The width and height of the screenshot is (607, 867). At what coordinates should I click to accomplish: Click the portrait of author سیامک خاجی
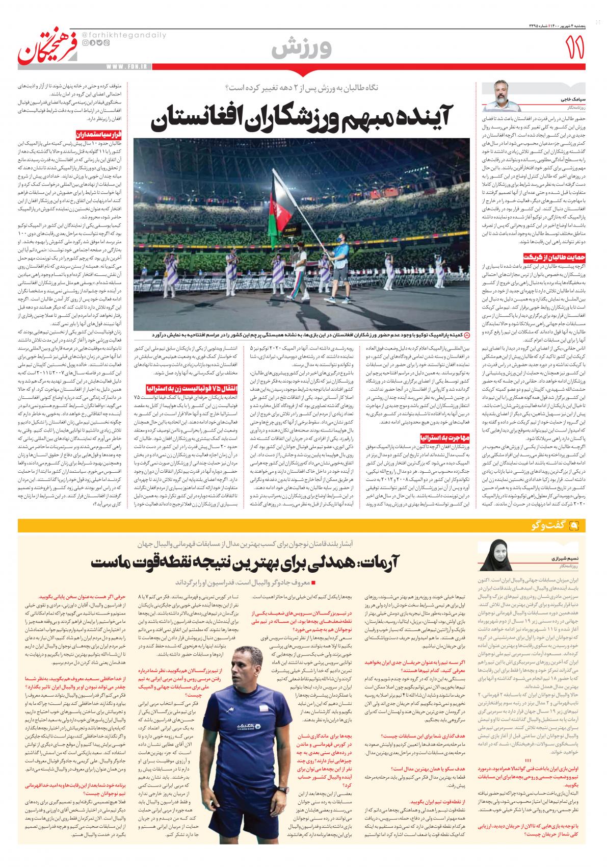point(501,94)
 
